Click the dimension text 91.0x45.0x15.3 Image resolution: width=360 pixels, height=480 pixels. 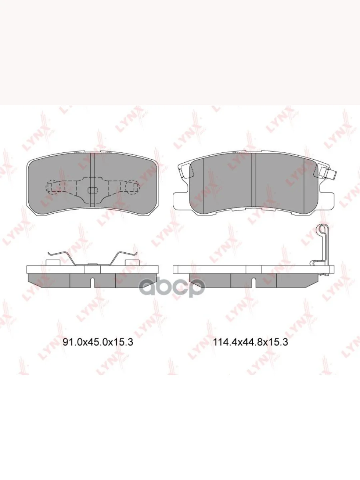(98, 342)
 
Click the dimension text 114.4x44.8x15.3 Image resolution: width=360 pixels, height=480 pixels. (251, 342)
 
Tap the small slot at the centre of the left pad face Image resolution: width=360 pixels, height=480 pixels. (92, 190)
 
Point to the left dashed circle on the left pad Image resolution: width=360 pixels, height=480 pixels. (52, 187)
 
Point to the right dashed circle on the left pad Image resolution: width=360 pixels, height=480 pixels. (132, 187)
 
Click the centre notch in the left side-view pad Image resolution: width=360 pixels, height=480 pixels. (92, 282)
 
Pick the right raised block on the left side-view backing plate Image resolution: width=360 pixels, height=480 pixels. (132, 262)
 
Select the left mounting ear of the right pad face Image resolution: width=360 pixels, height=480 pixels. (181, 198)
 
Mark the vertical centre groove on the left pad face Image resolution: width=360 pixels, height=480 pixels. (92, 168)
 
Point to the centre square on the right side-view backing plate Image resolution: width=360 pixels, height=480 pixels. (254, 269)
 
